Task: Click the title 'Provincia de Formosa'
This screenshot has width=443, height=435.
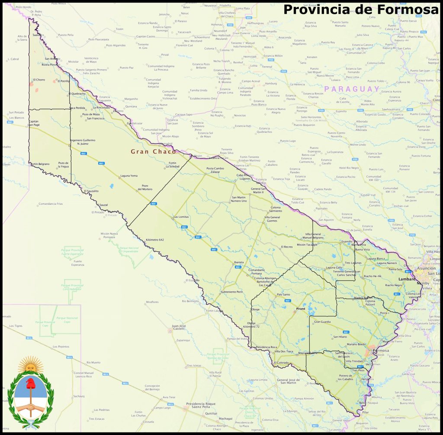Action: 361,10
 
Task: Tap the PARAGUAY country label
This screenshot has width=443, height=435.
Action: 352,89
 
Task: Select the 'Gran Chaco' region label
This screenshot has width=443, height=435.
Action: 153,151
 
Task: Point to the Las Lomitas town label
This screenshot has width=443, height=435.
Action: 182,216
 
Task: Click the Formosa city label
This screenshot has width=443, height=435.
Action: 381,350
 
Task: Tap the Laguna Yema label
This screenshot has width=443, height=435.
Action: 128,175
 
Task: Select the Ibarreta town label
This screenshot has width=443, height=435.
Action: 238,262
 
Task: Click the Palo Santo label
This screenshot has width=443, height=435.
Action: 283,294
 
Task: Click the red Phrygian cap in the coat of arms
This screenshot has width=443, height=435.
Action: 30,383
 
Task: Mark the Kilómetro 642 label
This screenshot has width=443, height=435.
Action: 155,239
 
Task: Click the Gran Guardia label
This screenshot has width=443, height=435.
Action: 322,322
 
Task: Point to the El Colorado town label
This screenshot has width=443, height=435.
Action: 281,362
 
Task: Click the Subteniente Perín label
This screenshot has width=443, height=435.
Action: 232,292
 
